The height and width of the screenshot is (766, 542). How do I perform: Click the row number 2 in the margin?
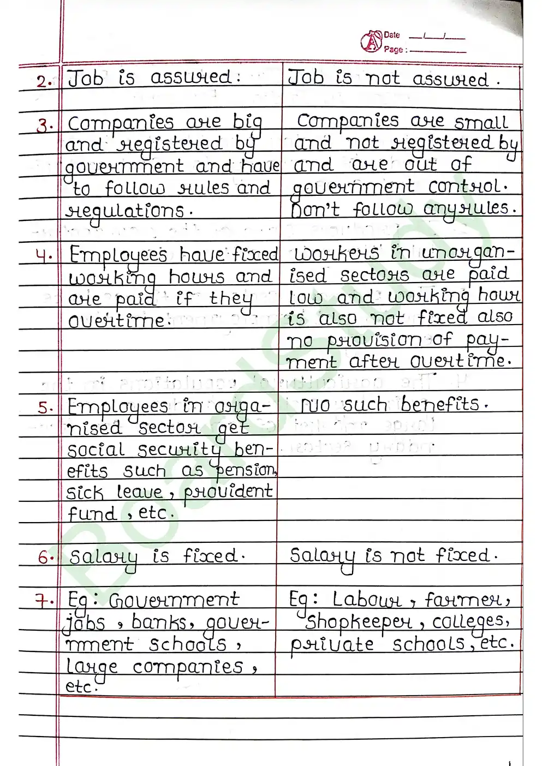coord(44,82)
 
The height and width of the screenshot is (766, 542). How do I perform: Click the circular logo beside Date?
coord(371,41)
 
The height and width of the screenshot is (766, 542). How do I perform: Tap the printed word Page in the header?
coord(393,49)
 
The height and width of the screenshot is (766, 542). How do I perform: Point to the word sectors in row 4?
coord(374,275)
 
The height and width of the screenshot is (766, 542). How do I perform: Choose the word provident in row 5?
coord(228,492)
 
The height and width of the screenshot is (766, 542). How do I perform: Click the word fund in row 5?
coord(91,514)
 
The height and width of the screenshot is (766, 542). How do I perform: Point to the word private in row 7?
coord(332,645)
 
